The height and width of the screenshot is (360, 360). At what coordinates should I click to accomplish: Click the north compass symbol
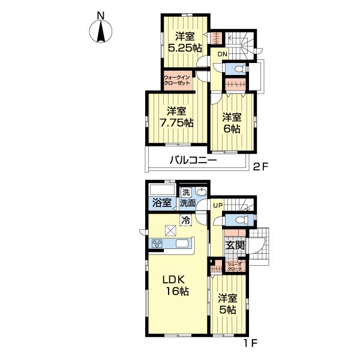pos(101,31)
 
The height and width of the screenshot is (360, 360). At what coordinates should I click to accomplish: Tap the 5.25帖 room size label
pos(185,48)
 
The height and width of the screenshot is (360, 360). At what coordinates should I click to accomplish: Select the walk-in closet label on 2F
pos(177,80)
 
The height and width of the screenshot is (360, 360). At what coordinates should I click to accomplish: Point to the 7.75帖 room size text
pos(176,123)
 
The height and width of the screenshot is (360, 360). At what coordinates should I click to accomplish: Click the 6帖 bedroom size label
pos(232,129)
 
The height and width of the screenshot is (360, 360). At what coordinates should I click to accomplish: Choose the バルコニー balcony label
pos(193,160)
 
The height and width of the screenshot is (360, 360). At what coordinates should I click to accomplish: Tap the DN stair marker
pos(222,55)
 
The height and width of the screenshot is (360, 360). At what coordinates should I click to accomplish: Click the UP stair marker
pos(218,205)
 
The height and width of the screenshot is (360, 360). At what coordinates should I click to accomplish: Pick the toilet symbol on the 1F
pos(240,220)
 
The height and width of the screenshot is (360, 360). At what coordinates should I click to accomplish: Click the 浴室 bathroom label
pos(162,203)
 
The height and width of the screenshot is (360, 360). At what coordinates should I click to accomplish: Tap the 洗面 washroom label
pos(187,203)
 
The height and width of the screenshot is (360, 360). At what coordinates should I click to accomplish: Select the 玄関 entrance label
pos(235,245)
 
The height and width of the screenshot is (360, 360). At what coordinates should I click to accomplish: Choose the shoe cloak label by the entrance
pos(235,266)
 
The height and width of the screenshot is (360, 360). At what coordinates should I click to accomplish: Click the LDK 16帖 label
pos(176,286)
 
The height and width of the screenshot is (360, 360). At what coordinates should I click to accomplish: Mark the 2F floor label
pos(260,166)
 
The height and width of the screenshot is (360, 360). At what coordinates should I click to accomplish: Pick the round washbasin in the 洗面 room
pos(202,191)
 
